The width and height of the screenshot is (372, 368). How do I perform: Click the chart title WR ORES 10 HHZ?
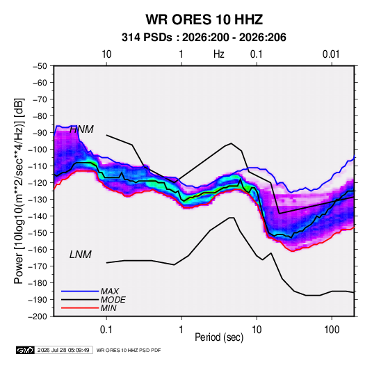pyautogui.click(x=204, y=19)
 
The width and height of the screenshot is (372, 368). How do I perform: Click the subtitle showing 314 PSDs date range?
pyautogui.click(x=204, y=38)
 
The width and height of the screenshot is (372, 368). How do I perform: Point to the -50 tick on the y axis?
pyautogui.click(x=40, y=66)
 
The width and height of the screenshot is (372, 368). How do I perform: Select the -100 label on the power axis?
pyautogui.click(x=38, y=150)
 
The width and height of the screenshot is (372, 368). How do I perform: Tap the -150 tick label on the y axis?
pyautogui.click(x=38, y=233)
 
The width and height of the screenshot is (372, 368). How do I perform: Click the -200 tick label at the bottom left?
pyautogui.click(x=38, y=317)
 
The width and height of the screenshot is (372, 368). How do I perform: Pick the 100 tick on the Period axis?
pyautogui.click(x=332, y=330)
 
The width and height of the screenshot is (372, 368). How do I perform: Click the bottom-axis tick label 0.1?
pyautogui.click(x=106, y=330)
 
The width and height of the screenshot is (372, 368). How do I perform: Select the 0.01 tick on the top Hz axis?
pyautogui.click(x=331, y=54)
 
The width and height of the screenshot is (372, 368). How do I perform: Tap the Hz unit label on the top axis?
pyautogui.click(x=219, y=54)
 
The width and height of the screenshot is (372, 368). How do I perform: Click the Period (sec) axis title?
pyautogui.click(x=219, y=337)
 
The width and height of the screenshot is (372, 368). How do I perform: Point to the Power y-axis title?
pyautogui.click(x=19, y=191)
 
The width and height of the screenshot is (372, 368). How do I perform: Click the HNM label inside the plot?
pyautogui.click(x=81, y=129)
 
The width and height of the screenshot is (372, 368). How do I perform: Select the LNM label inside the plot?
pyautogui.click(x=81, y=255)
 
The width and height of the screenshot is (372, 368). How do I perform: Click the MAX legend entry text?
pyautogui.click(x=109, y=291)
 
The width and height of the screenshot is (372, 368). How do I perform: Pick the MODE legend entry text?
pyautogui.click(x=113, y=300)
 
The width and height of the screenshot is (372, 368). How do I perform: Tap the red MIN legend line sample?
pyautogui.click(x=80, y=308)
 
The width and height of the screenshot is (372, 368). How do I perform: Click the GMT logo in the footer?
pyautogui.click(x=26, y=350)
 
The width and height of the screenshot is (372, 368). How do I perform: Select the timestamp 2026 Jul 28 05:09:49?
pyautogui.click(x=63, y=350)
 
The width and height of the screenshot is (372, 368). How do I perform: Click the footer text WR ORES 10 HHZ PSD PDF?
pyautogui.click(x=129, y=350)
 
